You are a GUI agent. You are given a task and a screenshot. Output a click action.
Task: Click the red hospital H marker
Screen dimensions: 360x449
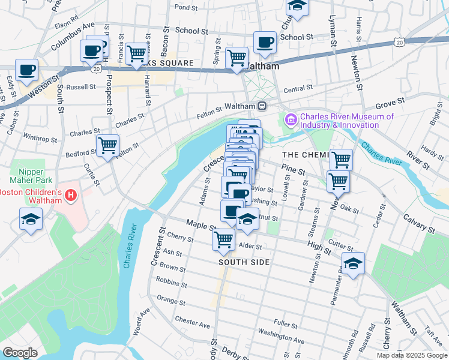click(x=71, y=196)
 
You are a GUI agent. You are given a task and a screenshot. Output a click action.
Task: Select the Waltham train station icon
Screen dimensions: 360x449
click(x=262, y=106)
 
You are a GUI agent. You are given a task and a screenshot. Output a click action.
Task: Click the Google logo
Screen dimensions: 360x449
click(x=20, y=353)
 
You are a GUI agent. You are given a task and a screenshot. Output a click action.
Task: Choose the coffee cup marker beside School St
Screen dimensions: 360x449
click(x=265, y=43)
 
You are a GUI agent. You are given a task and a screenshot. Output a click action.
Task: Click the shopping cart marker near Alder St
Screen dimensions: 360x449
click(x=224, y=239)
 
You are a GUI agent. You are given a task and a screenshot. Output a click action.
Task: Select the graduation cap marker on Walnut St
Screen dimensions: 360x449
click(x=247, y=219)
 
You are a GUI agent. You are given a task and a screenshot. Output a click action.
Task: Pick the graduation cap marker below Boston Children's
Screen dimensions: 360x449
click(x=31, y=219)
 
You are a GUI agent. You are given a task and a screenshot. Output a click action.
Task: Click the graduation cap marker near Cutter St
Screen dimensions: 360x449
click(x=353, y=263)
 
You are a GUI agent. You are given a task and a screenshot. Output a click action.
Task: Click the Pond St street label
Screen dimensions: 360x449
click(x=185, y=8)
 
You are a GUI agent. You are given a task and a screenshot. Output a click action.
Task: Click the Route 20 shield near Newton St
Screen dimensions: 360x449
click(x=399, y=41)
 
